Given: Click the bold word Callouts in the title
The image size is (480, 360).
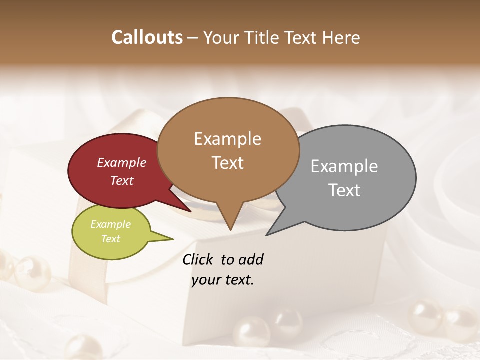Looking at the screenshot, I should [147, 37].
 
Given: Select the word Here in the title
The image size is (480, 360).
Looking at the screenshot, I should [342, 37].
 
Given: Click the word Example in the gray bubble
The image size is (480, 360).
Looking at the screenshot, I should [344, 166].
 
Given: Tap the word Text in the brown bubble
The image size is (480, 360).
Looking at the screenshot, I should [228, 163].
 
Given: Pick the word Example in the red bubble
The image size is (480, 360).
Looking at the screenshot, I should [122, 163].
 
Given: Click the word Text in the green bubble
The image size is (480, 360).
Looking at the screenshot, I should [111, 239].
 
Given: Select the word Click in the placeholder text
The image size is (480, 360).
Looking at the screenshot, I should [198, 259].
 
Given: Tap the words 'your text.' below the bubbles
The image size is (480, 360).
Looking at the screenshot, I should [223, 280].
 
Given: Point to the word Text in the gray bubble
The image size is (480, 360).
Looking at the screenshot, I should [345, 190].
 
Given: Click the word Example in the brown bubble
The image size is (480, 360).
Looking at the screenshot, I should [228, 139].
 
